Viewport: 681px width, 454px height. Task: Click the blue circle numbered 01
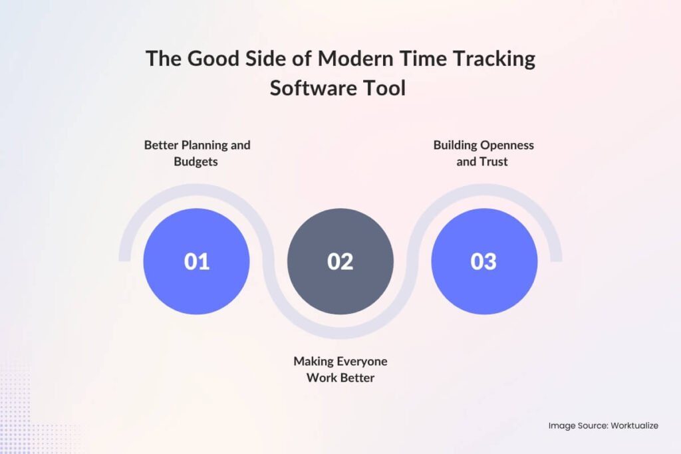[x=196, y=261]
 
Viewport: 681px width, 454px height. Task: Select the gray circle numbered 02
[x=340, y=261]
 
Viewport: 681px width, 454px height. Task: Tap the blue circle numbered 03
[x=483, y=261]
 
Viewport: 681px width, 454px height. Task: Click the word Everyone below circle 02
[x=360, y=362]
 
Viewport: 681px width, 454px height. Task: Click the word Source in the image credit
[x=589, y=425]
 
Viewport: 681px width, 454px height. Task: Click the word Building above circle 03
[x=454, y=145]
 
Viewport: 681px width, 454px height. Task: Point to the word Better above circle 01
[x=160, y=145]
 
